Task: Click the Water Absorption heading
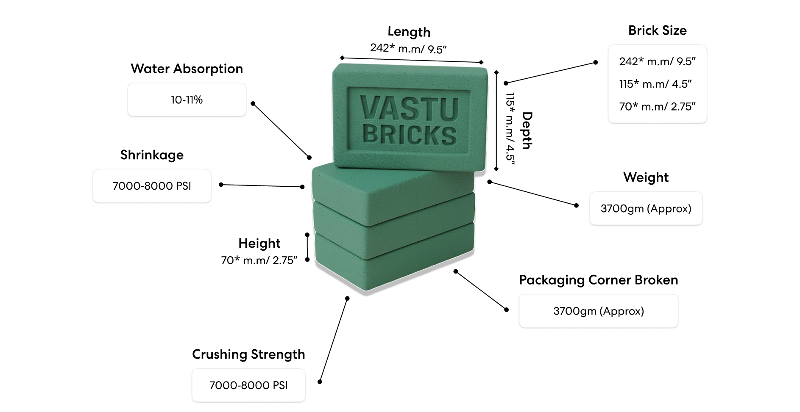tap(187, 69)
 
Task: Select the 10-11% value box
tap(187, 100)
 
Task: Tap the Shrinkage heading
tap(152, 155)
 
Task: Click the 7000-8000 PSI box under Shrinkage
tap(152, 186)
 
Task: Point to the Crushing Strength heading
tap(248, 354)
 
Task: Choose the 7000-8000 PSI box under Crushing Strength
tap(248, 385)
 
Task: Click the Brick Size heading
tap(657, 30)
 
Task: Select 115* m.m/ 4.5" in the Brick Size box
tap(655, 84)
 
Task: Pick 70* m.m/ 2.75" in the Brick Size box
tap(657, 107)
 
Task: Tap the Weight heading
tap(646, 177)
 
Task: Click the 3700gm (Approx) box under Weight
tap(646, 209)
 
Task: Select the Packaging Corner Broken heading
tap(598, 280)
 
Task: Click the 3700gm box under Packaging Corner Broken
tap(598, 311)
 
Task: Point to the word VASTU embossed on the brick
tap(409, 109)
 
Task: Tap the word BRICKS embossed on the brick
tap(409, 135)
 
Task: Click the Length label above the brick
tap(409, 32)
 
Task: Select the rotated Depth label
tap(527, 130)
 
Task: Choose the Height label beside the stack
tap(259, 243)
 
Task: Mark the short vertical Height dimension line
tap(307, 247)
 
